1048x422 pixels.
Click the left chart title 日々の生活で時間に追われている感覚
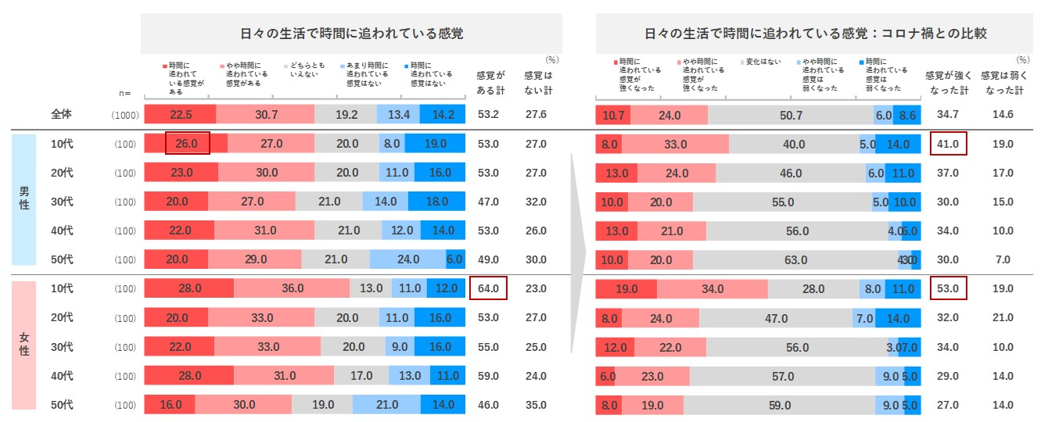pyautogui.click(x=351, y=34)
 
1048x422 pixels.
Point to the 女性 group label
pyautogui.click(x=24, y=346)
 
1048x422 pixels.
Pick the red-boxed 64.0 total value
pyautogui.click(x=488, y=288)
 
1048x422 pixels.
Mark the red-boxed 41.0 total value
pyautogui.click(x=947, y=144)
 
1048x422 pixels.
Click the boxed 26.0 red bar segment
pyautogui.click(x=187, y=144)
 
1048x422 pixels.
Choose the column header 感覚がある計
pyautogui.click(x=490, y=83)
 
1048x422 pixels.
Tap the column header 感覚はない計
pyautogui.click(x=537, y=83)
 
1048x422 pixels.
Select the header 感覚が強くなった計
pyautogui.click(x=947, y=83)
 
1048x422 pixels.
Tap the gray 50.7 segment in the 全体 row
pyautogui.click(x=791, y=115)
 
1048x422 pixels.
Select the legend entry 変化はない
pyautogui.click(x=762, y=62)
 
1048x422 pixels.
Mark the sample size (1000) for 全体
pyautogui.click(x=125, y=116)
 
